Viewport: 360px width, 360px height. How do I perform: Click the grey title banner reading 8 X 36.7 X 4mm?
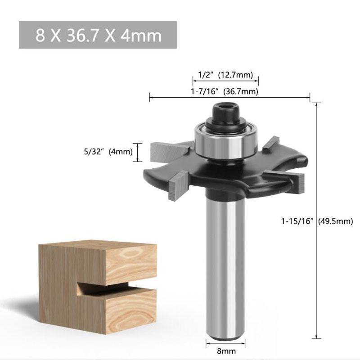pos(98,35)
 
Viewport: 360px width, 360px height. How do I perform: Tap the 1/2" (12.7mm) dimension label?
pos(225,74)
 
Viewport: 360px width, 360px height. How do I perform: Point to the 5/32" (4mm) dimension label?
pos(110,152)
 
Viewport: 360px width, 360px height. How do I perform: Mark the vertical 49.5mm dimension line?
pos(318,220)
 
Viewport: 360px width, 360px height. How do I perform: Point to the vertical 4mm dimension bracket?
pos(139,152)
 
